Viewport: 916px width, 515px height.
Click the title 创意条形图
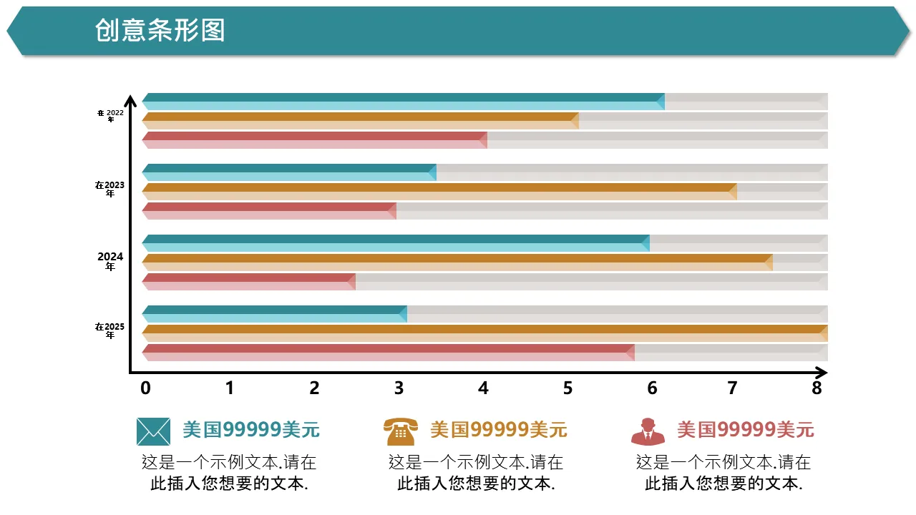(x=160, y=31)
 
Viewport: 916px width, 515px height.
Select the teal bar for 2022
(x=403, y=102)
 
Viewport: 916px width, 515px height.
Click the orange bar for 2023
(x=439, y=192)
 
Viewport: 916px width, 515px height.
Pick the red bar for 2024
(x=248, y=282)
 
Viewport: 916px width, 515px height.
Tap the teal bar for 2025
(x=274, y=314)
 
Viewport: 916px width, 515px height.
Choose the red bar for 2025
(x=388, y=353)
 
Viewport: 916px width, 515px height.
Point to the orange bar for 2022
(x=360, y=121)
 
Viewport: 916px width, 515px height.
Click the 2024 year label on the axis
(x=110, y=261)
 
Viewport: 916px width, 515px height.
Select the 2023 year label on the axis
(x=110, y=189)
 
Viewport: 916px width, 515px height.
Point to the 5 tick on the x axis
(x=567, y=388)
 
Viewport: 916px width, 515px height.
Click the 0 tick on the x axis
(x=146, y=388)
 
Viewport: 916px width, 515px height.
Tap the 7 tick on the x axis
(x=732, y=388)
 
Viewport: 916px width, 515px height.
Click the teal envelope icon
(x=153, y=431)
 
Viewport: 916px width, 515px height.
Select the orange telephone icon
(x=400, y=431)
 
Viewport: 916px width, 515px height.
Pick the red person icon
(x=648, y=431)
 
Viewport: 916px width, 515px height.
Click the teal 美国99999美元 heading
(x=250, y=430)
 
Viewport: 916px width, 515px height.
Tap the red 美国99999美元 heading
(x=745, y=430)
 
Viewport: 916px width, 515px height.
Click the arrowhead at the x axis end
(x=822, y=373)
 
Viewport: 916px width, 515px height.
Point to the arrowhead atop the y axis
(x=130, y=100)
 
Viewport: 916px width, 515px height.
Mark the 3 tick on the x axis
(x=399, y=388)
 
